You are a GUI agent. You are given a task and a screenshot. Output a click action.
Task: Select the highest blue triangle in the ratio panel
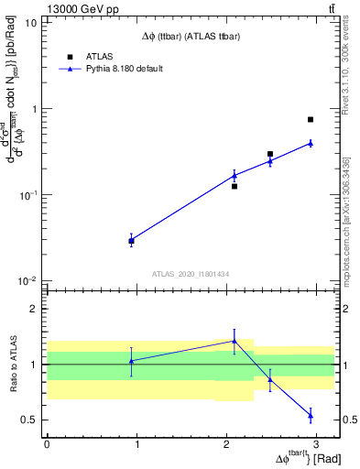point(235,341)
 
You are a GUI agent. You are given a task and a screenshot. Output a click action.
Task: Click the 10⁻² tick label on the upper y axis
point(27,281)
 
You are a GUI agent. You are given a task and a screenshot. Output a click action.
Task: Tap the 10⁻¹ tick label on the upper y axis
point(27,195)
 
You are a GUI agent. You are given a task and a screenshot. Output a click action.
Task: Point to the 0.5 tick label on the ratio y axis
point(30,420)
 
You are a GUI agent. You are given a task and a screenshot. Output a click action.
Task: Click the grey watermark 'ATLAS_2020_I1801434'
point(191,274)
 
